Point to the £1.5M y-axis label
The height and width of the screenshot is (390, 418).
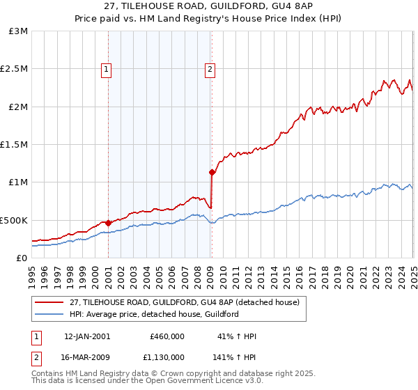pos(14,145)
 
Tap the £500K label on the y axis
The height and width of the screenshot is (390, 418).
pos(14,220)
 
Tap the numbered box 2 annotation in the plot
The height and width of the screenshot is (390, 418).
pos(210,69)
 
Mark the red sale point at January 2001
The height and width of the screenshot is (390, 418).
pos(109,223)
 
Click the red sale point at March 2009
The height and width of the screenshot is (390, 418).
pos(212,172)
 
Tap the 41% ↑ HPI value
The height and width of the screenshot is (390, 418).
pos(237,336)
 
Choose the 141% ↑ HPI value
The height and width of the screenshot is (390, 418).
pos(235,356)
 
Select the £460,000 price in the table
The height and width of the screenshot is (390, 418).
pos(167,336)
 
